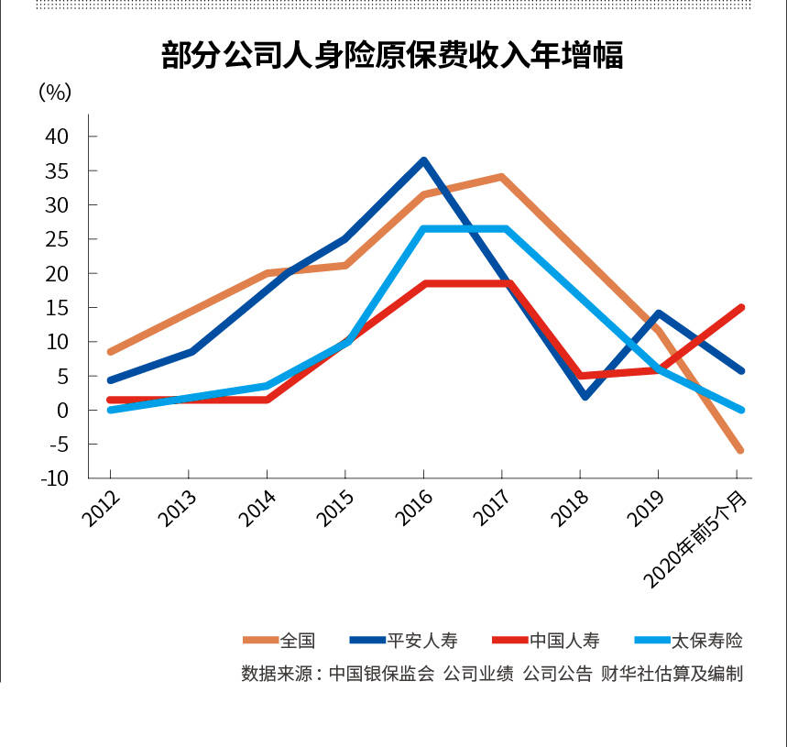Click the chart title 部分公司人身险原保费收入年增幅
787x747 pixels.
pos(392,56)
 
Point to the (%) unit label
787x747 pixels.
pos(55,92)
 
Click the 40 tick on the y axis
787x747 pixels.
pos(57,137)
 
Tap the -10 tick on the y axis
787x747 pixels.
pos(54,478)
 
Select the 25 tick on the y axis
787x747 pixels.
pos(57,239)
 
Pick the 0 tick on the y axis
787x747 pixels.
pos(62,411)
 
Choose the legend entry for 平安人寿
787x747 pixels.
pos(421,641)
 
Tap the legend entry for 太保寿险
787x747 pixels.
pos(706,641)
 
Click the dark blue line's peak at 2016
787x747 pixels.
pos(423,161)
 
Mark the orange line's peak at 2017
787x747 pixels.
pos(501,177)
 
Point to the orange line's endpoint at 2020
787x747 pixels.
pos(739,450)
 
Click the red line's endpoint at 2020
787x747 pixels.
pos(739,308)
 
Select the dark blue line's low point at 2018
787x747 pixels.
pos(584,396)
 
